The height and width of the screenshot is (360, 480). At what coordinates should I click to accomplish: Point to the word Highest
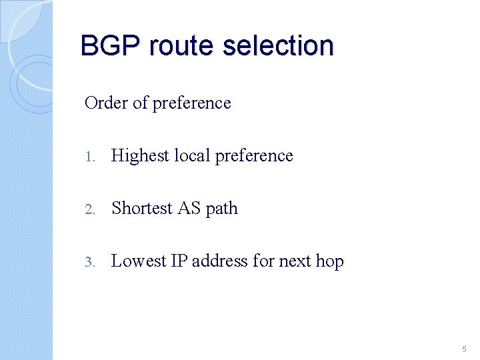point(140,156)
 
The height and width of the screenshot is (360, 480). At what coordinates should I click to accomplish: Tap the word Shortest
point(142,208)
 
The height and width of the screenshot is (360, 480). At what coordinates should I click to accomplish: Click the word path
point(222,209)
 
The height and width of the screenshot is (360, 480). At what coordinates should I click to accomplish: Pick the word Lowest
point(139,261)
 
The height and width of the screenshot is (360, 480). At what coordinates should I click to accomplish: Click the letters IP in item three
point(179,261)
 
